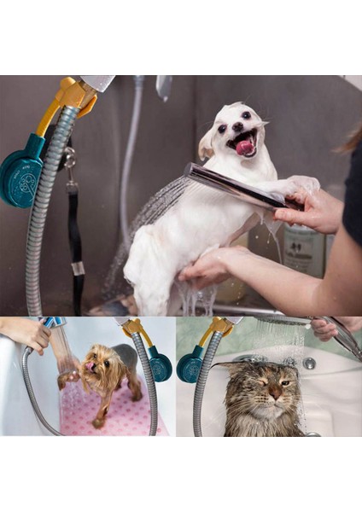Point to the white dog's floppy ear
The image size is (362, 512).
tap(207, 144)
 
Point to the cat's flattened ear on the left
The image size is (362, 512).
tap(224, 364)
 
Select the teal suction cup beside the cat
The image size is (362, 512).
tap(190, 364)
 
